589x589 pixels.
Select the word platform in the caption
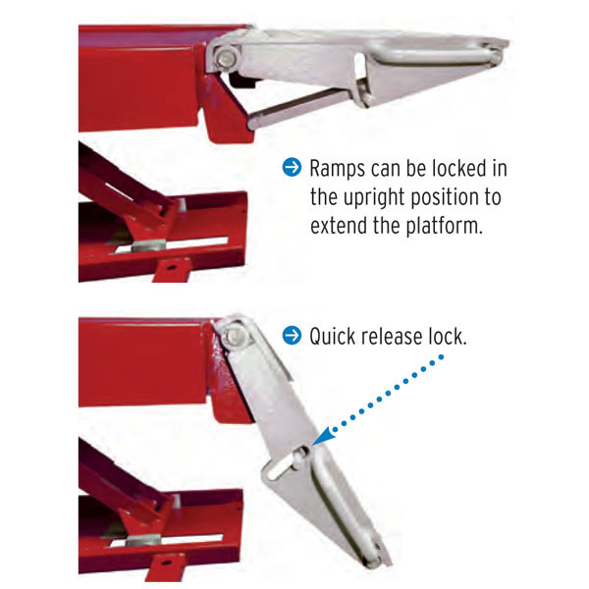(445, 226)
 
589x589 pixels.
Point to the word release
(391, 336)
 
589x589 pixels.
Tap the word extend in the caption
(339, 226)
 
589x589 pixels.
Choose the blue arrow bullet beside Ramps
(292, 167)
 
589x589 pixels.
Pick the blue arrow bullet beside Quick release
(292, 335)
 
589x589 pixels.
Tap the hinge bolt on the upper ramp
(227, 59)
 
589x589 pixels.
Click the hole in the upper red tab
(170, 267)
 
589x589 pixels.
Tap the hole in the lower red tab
(166, 562)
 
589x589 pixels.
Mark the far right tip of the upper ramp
(509, 44)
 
